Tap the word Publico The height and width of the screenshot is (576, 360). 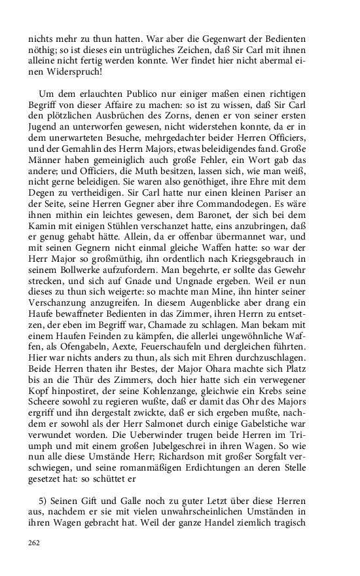point(139,95)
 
